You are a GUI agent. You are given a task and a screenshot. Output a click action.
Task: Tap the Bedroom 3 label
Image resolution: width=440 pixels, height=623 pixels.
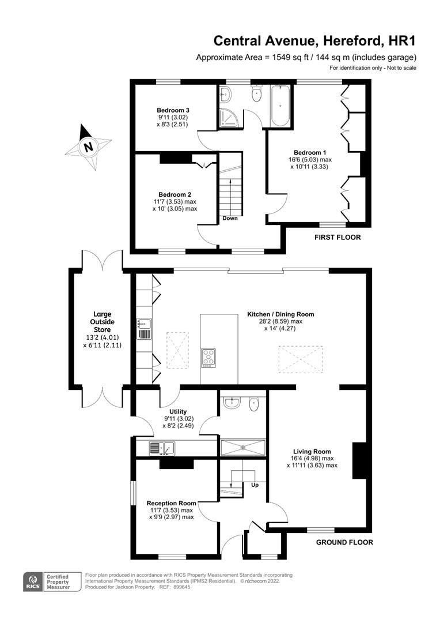(x=173, y=110)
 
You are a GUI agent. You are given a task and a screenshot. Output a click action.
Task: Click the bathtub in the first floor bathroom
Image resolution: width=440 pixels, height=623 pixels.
(x=282, y=106)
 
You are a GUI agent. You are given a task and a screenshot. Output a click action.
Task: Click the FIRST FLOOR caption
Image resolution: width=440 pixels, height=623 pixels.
(x=337, y=237)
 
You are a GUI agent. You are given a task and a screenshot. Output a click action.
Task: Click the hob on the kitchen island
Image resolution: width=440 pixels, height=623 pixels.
(x=208, y=358)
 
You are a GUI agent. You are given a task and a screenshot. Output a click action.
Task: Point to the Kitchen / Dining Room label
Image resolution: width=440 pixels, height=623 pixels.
(x=280, y=314)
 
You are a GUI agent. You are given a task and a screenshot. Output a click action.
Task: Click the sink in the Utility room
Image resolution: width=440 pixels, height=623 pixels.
(x=162, y=447)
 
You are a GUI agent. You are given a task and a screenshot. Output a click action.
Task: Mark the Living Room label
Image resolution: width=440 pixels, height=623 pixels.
(x=312, y=452)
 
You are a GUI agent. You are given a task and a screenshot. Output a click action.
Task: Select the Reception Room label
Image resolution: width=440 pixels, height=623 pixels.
(x=171, y=503)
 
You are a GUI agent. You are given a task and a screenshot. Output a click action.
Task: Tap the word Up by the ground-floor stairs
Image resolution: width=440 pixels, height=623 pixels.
(x=255, y=485)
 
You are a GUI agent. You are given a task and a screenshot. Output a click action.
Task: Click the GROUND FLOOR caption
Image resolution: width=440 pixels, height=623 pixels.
(x=344, y=542)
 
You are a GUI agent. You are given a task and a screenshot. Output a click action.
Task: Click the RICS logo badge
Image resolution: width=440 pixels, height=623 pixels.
(x=33, y=580)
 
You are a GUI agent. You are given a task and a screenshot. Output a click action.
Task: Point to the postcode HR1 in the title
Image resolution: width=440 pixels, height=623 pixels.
(x=401, y=41)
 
